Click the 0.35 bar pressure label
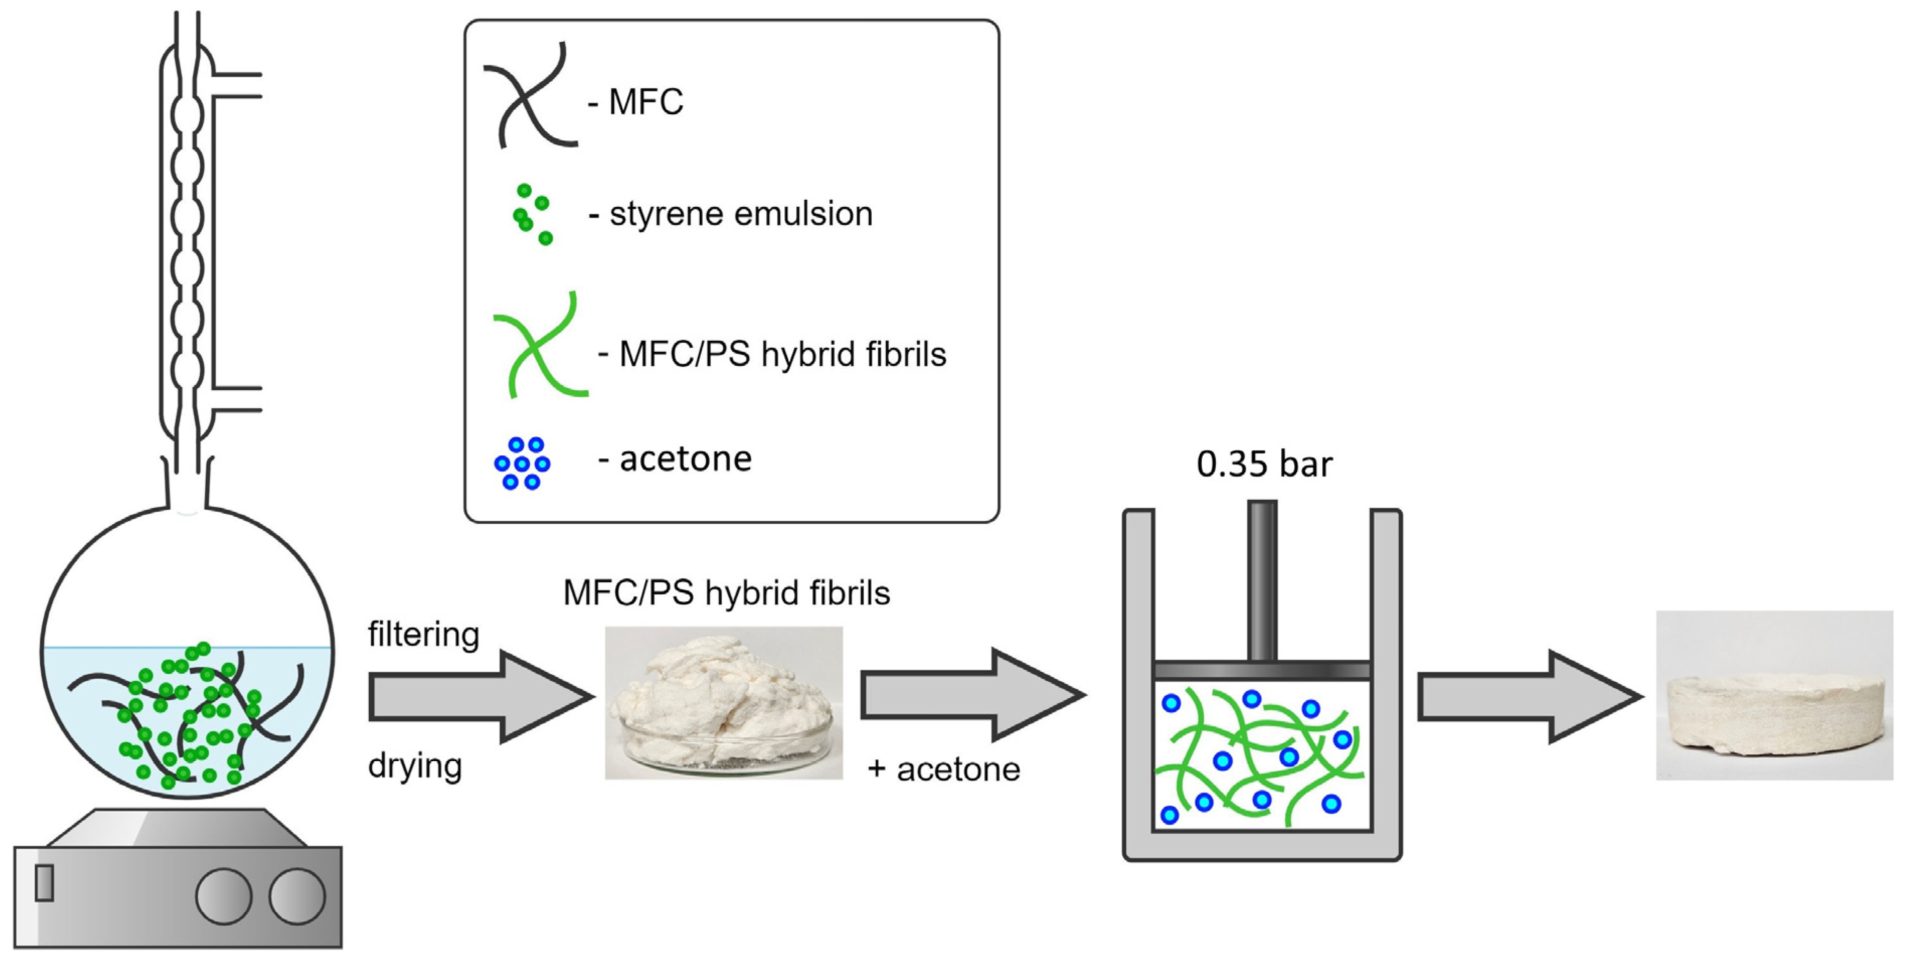[1264, 465]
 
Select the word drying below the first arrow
[415, 765]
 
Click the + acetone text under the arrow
[943, 770]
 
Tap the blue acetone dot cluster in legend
[522, 463]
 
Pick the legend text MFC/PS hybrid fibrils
[783, 354]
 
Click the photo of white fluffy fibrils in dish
[723, 703]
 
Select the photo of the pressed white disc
[1774, 695]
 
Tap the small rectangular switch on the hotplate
[44, 883]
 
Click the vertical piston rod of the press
[1262, 579]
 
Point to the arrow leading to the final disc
[1527, 697]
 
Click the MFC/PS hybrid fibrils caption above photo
[726, 593]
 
